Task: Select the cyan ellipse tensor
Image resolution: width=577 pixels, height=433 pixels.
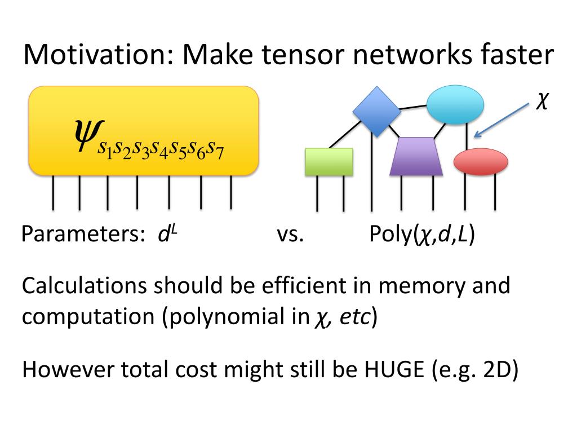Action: (x=455, y=104)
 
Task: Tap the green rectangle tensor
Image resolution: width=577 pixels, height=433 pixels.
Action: (x=329, y=161)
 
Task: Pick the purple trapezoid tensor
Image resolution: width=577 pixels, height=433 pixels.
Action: (x=416, y=156)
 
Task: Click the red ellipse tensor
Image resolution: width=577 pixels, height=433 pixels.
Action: (x=481, y=161)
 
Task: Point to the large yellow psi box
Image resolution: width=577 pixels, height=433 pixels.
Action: (x=144, y=130)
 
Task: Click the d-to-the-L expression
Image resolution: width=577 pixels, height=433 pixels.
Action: (x=167, y=233)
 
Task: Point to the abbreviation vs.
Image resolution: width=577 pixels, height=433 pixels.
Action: (x=290, y=235)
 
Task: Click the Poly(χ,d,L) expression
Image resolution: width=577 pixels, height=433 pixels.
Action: (x=422, y=235)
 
